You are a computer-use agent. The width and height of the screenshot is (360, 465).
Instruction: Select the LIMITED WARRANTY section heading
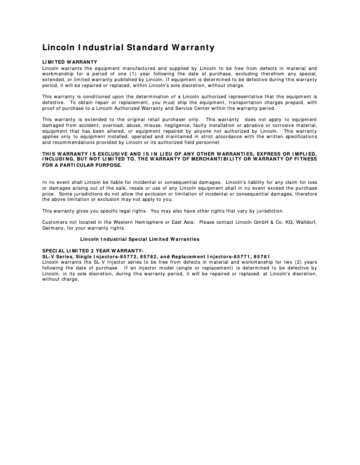tap(70, 62)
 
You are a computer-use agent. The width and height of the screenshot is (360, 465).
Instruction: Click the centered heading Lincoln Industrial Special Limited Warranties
tap(140, 239)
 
